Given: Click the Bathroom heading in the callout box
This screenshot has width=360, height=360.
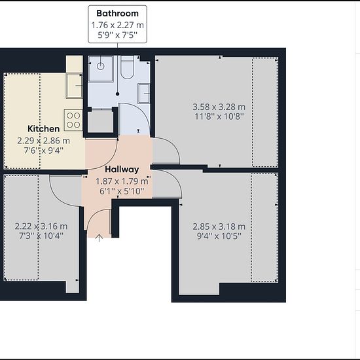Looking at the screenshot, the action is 117,13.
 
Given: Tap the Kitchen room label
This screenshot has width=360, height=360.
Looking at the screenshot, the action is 44,128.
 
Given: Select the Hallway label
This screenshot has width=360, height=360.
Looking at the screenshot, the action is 122,170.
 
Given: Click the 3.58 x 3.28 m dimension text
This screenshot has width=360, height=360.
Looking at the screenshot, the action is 219,107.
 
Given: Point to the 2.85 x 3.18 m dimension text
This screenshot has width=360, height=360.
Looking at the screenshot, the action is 219,226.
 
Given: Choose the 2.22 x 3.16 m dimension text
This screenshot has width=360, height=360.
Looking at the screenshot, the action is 41,226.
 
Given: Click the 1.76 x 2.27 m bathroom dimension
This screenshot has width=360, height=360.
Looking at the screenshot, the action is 118,25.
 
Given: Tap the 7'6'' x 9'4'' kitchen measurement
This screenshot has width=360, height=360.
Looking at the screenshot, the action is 44,151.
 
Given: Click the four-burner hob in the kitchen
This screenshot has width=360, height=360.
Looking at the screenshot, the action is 73,120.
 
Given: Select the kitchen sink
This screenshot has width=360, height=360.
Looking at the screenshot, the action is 74,86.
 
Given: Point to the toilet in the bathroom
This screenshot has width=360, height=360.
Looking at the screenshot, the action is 127,67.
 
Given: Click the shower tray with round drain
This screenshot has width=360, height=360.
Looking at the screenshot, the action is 101,69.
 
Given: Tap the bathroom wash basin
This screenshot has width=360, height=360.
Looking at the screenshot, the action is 144,94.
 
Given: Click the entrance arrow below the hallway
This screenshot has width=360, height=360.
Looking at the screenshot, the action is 99,238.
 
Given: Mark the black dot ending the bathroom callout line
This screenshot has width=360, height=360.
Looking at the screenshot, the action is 118,94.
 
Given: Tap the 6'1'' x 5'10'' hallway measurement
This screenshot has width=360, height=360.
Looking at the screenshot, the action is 122,191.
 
